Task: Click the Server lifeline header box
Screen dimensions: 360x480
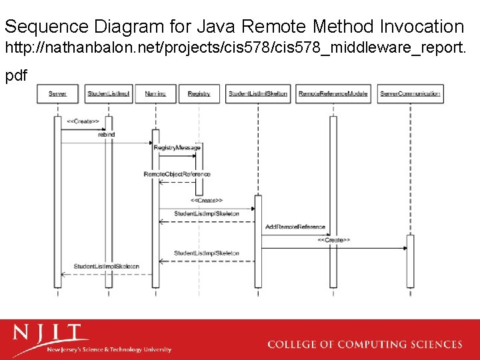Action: [57, 94]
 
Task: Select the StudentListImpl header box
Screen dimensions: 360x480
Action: [109, 94]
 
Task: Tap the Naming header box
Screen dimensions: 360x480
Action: [155, 94]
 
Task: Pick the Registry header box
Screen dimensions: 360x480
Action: [199, 94]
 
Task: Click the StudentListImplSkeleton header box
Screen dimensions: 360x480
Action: [258, 94]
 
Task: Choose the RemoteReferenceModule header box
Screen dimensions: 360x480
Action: [333, 94]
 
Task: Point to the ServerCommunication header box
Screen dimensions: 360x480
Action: [410, 94]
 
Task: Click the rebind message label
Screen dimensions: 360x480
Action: [106, 135]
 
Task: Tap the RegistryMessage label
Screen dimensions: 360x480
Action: [177, 147]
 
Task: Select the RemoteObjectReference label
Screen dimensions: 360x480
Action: [177, 174]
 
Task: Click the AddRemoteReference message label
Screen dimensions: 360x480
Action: [295, 227]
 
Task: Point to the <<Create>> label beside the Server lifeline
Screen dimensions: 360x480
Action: [83, 121]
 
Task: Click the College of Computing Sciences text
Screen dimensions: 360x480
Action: [364, 344]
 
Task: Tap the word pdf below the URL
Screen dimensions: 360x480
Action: [16, 75]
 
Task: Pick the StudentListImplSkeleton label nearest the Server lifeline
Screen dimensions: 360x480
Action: [107, 267]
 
